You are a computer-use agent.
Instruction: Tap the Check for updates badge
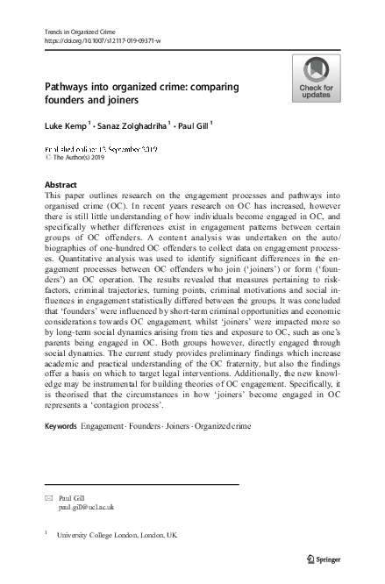(316, 79)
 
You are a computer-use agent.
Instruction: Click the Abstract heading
(60, 185)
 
